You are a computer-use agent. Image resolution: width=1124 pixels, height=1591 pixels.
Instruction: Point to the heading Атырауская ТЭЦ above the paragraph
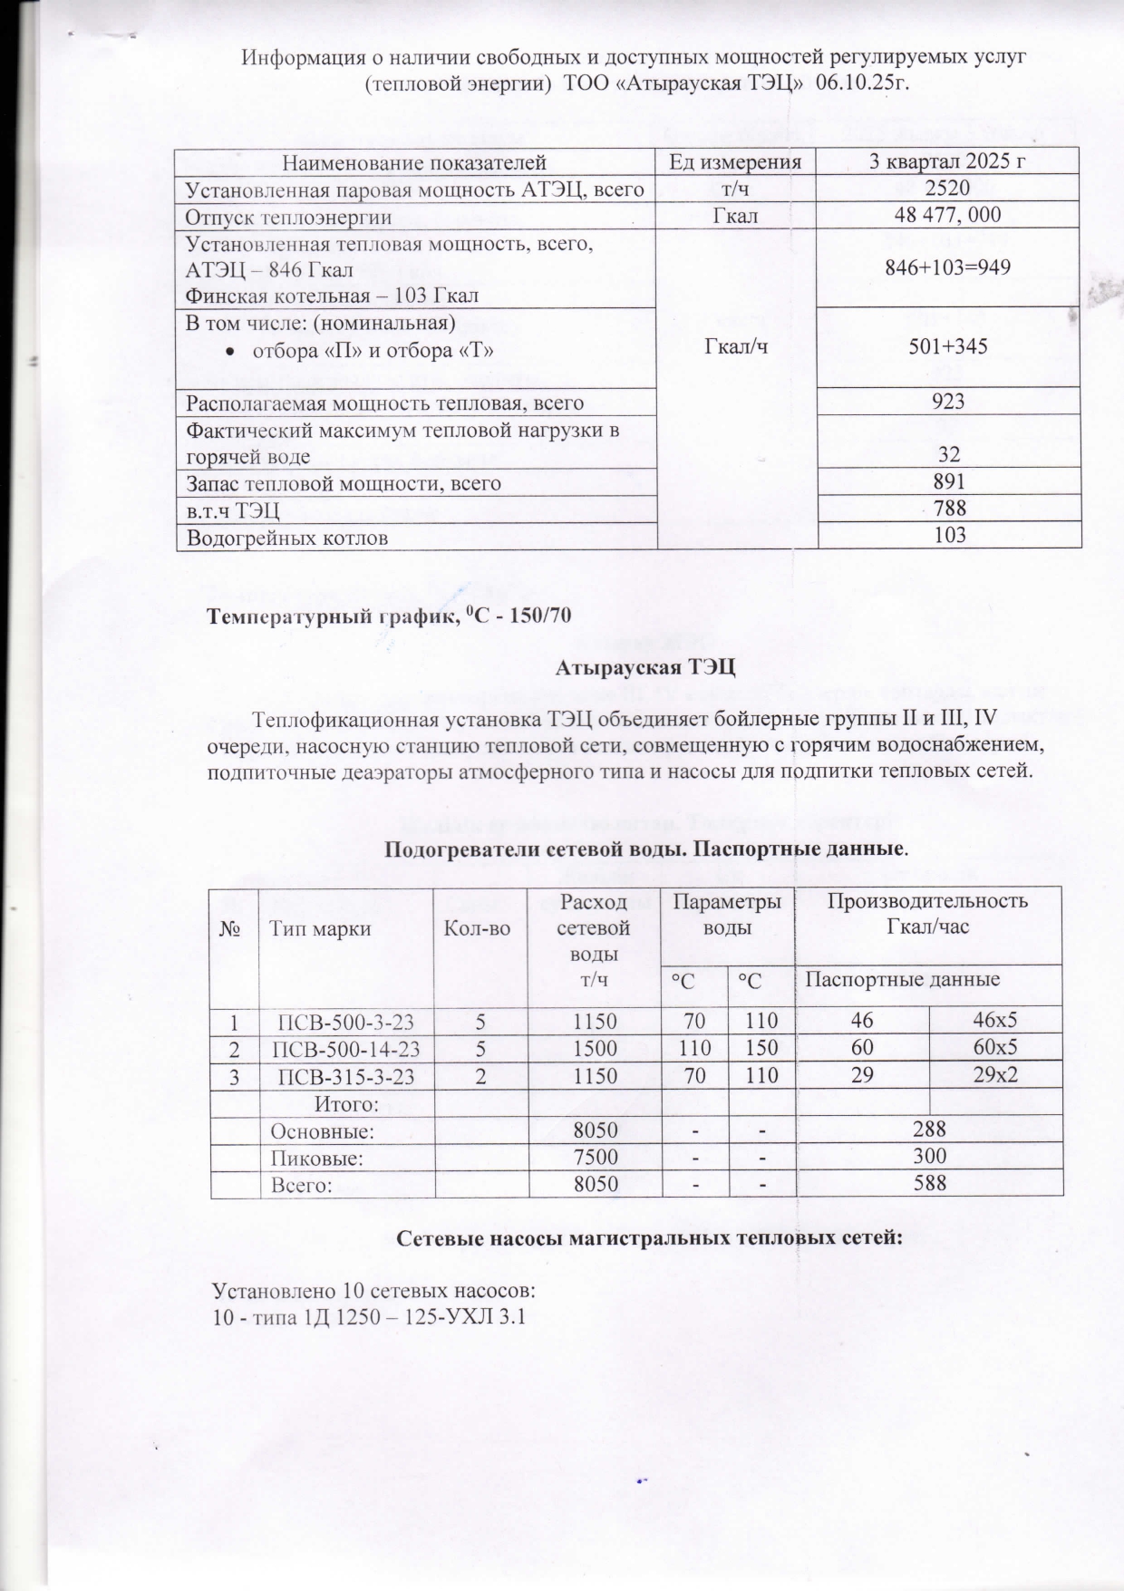pyautogui.click(x=646, y=670)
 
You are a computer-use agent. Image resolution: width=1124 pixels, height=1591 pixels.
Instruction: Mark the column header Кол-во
pyautogui.click(x=480, y=927)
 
